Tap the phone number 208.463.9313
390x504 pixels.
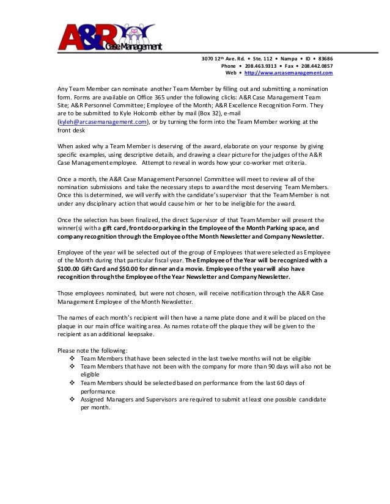(256, 66)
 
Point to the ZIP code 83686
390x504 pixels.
(324, 59)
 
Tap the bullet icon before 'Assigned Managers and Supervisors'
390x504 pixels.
(74, 398)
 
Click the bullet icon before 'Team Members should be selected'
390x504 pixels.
(74, 383)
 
